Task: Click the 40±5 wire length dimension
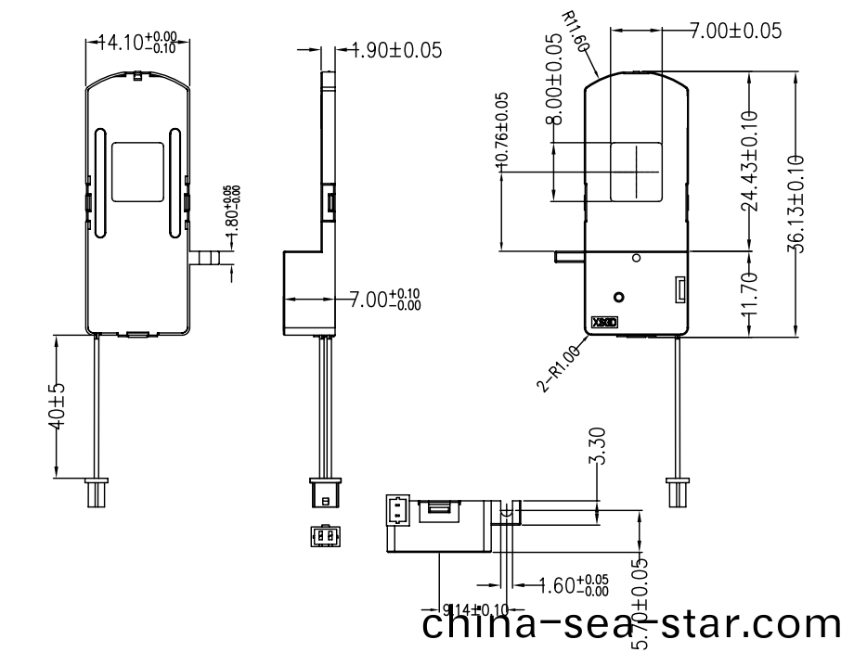point(55,405)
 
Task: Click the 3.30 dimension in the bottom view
point(599,446)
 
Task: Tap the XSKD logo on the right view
point(603,326)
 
